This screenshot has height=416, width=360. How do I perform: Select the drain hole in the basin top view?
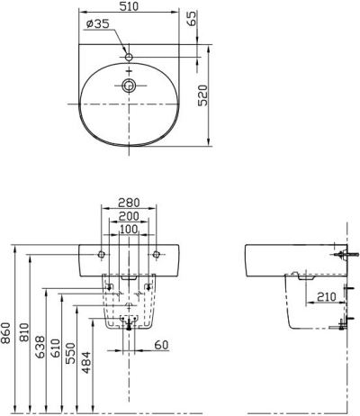pyautogui.click(x=130, y=86)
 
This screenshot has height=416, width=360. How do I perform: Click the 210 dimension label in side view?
pyautogui.click(x=326, y=294)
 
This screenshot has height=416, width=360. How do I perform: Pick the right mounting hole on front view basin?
pyautogui.click(x=157, y=251)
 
